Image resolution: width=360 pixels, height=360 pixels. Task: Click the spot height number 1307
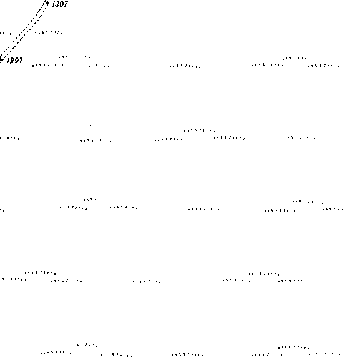60,4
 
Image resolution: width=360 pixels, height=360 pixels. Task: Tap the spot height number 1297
15,61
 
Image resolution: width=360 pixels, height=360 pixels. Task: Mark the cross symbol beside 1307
47,4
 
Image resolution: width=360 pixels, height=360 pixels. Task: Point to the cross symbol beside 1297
1,60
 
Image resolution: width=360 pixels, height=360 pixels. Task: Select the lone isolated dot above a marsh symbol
91,125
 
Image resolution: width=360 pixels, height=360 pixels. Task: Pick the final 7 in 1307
66,4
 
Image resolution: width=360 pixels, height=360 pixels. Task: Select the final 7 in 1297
20,61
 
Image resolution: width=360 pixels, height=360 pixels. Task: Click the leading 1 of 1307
54,4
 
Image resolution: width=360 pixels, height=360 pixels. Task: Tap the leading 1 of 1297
8,61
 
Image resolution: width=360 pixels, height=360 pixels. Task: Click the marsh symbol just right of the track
49,33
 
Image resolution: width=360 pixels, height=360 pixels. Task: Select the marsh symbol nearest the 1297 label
48,66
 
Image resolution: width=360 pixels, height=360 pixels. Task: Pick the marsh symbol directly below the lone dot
96,140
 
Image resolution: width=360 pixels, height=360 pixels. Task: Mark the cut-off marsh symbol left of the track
6,34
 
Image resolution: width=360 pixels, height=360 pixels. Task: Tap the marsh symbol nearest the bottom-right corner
324,354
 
